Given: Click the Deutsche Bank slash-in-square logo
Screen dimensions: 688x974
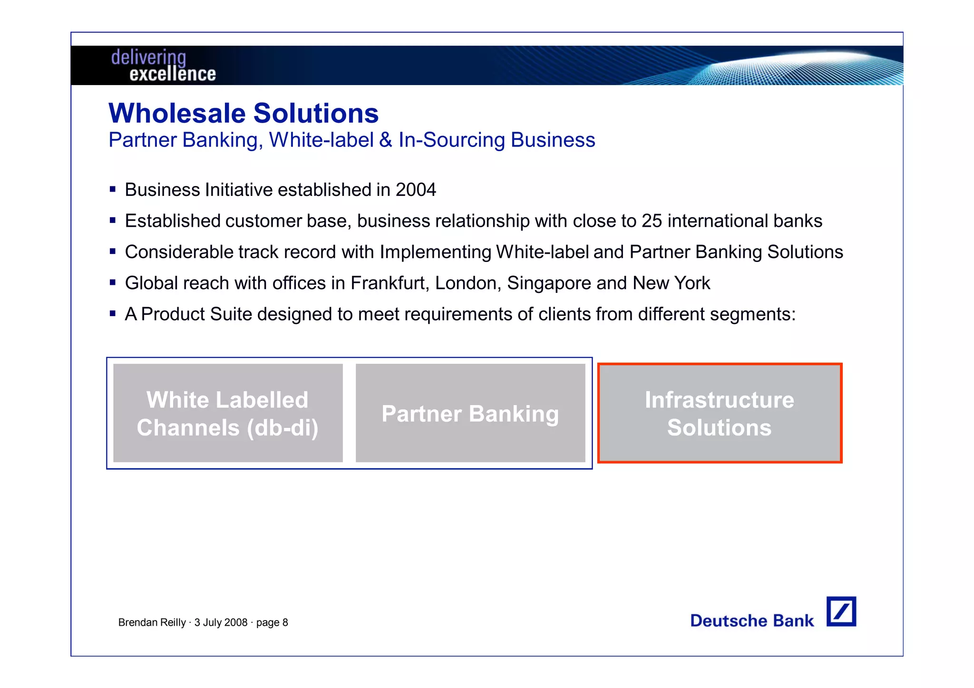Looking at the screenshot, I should point(841,611).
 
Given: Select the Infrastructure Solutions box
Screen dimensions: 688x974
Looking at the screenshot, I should point(720,413).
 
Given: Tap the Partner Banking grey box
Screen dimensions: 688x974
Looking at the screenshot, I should point(470,413).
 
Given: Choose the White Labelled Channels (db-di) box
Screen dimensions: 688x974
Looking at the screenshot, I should point(228,413).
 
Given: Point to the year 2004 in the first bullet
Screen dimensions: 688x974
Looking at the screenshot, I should point(416,190).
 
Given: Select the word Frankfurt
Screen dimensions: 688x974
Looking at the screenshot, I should point(390,283).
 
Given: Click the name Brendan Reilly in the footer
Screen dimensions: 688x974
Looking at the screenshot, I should point(152,622).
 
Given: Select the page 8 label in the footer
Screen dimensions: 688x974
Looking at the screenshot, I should point(272,622).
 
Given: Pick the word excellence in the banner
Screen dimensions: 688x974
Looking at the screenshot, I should point(173,74).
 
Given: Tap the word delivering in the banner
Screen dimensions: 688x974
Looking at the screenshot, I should point(148,58).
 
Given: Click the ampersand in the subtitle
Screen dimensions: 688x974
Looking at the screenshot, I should point(386,140).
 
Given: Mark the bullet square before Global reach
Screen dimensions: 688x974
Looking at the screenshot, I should point(113,283).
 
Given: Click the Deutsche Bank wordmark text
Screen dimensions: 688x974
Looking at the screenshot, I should point(752,620).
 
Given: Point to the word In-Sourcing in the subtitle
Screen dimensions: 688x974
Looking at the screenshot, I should point(451,140).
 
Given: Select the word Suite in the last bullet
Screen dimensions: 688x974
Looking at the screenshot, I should point(231,314).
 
